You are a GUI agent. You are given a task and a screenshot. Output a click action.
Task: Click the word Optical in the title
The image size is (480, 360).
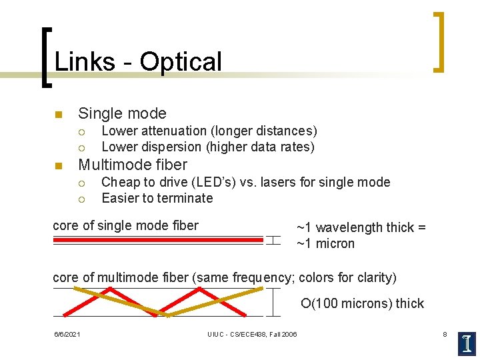coord(181,62)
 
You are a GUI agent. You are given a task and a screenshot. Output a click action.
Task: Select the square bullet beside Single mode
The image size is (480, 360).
coord(58,113)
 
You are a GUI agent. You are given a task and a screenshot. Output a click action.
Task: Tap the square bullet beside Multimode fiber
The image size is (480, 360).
coord(58,165)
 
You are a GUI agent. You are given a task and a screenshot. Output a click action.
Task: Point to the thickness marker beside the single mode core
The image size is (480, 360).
coord(273,240)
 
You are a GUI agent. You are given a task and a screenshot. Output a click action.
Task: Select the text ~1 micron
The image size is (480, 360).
coord(326,243)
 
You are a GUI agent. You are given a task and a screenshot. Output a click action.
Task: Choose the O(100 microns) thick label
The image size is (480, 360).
coord(362,304)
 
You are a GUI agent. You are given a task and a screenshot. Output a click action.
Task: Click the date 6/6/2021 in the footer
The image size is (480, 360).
coord(67,334)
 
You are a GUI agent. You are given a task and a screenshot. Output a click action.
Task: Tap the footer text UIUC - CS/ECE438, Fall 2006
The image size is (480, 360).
coord(252,334)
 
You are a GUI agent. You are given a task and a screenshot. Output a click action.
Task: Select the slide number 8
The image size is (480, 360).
coord(445,333)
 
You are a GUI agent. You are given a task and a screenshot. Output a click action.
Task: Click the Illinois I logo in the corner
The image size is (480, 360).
coord(467,343)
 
